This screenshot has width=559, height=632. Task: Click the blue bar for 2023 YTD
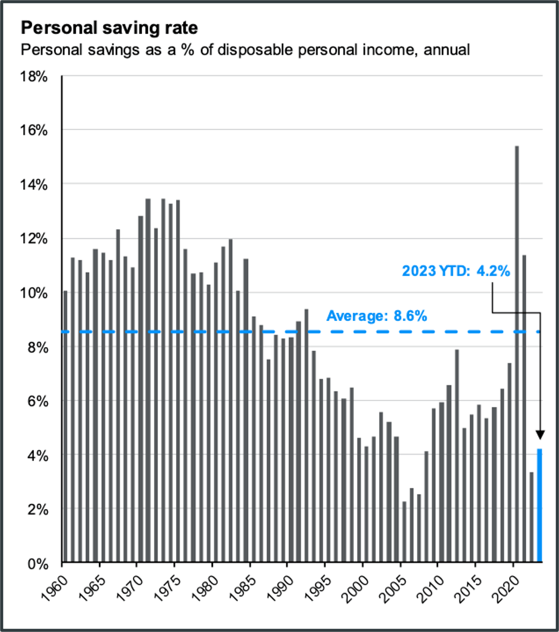click(539, 505)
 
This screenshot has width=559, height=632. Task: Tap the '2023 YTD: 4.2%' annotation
click(455, 271)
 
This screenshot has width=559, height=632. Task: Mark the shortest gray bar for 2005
click(404, 532)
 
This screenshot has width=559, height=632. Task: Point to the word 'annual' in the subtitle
click(450, 50)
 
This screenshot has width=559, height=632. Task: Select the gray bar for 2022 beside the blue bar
click(532, 517)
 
